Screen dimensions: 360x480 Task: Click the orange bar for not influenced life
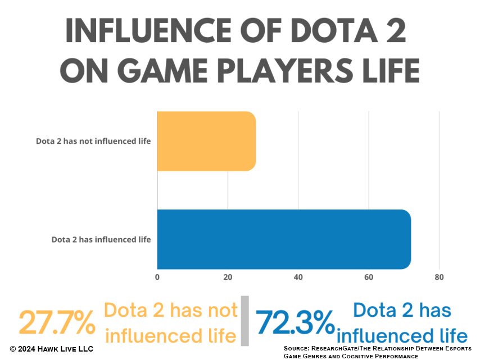[206, 141]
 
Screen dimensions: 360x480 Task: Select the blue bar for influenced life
[284, 239]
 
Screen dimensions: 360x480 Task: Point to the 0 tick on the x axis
[157, 277]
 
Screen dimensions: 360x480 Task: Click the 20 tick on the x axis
[228, 277]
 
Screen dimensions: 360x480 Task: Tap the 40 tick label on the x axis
[298, 277]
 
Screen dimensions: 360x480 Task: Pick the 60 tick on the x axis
[369, 277]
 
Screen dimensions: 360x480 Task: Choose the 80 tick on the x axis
[439, 277]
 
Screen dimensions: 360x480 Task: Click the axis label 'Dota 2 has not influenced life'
[93, 141]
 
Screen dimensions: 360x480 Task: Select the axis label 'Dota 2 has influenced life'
[101, 239]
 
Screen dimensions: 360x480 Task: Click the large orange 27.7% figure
[57, 323]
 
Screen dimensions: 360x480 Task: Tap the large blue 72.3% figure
[295, 323]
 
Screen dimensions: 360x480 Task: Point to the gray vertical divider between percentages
[244, 321]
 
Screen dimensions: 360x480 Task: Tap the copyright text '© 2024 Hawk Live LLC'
[51, 349]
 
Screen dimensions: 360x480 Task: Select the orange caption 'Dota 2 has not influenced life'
[171, 323]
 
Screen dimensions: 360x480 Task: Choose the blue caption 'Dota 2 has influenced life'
[402, 323]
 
